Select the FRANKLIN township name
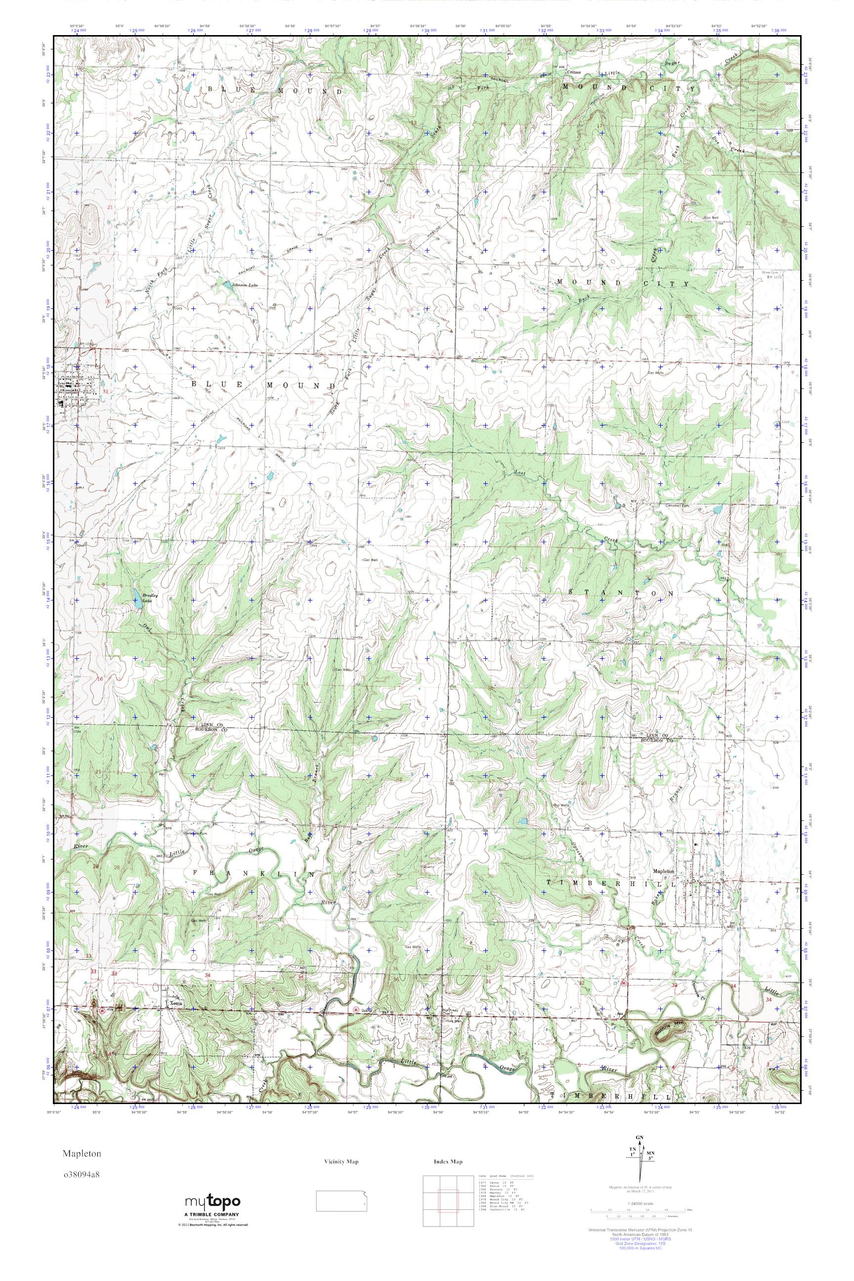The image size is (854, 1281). (254, 873)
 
